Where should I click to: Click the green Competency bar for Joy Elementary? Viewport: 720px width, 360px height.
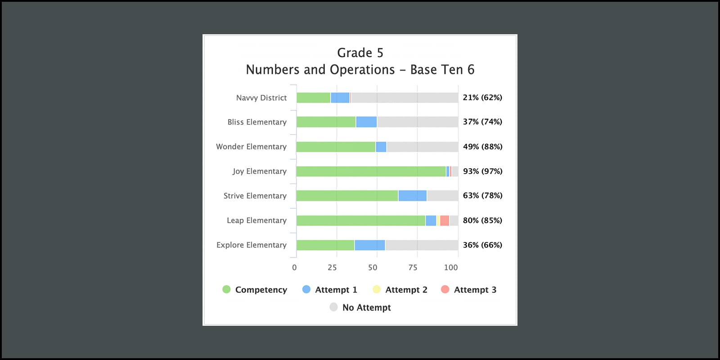(x=371, y=171)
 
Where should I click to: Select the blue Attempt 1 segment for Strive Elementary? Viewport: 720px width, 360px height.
(x=412, y=196)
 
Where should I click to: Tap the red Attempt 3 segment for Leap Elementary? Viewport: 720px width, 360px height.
(x=445, y=220)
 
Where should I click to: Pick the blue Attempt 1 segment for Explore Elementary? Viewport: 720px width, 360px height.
(x=369, y=245)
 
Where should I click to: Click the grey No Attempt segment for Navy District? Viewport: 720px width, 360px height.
(x=404, y=98)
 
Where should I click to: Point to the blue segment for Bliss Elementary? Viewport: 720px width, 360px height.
(x=366, y=122)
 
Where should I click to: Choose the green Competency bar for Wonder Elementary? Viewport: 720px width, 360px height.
(x=336, y=147)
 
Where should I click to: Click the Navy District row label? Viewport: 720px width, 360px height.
(x=261, y=98)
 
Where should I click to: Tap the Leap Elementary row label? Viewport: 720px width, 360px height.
(x=256, y=220)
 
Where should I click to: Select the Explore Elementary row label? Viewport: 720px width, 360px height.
(x=252, y=245)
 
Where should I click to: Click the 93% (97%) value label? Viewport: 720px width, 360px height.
(x=482, y=171)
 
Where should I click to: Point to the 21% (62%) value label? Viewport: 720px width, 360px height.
(x=482, y=98)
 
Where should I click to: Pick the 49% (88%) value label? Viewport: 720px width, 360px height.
(x=482, y=147)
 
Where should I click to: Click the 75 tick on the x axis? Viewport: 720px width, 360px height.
(x=413, y=267)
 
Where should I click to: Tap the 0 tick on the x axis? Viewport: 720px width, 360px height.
(x=294, y=267)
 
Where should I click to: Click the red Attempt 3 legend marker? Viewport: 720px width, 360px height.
(x=445, y=289)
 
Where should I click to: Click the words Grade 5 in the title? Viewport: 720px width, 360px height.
(x=360, y=53)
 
